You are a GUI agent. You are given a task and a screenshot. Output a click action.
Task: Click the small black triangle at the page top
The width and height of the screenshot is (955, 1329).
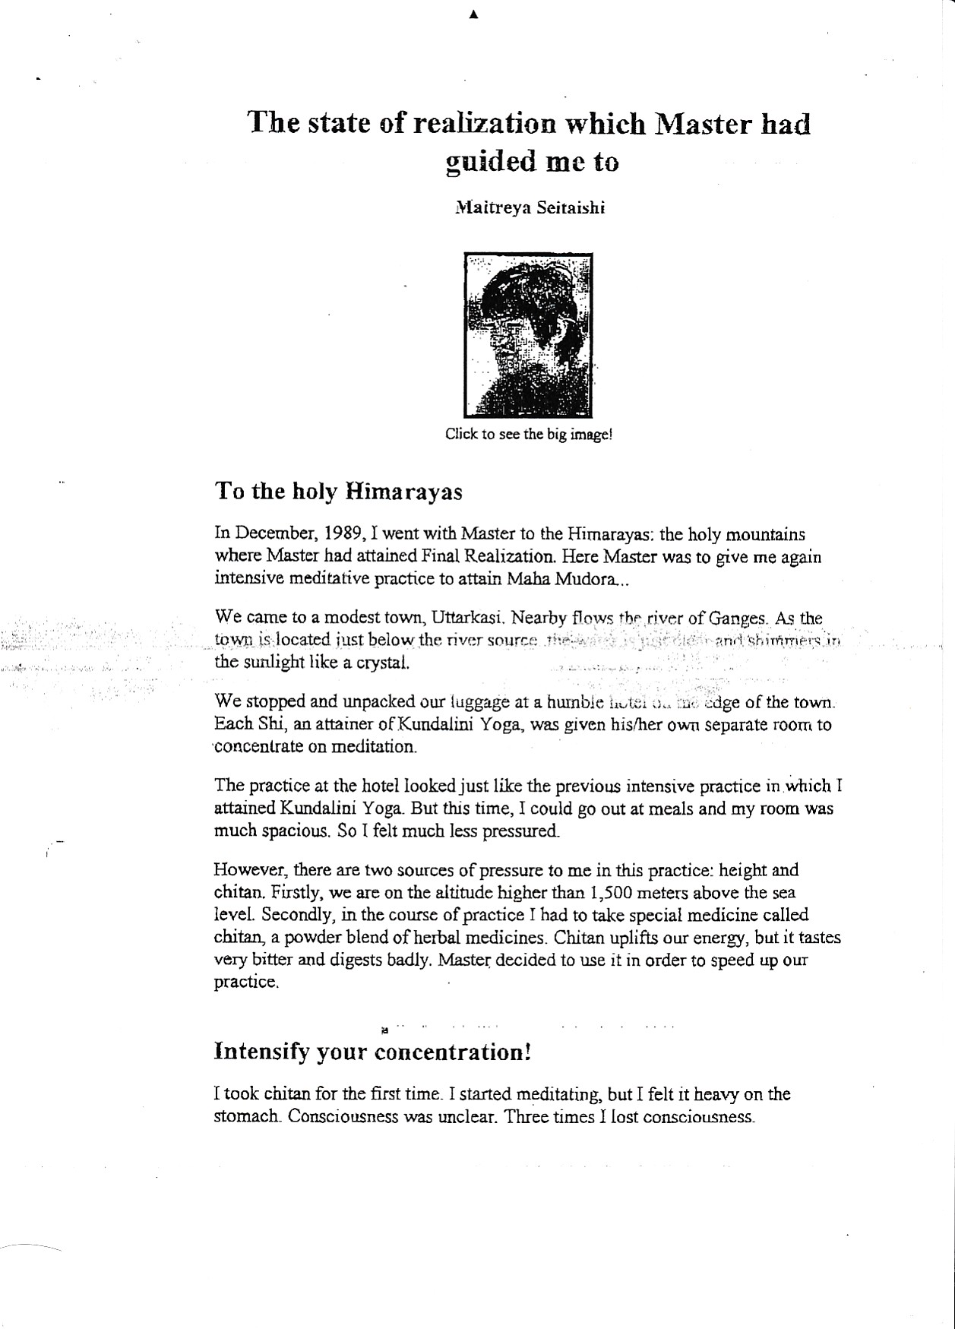[473, 14]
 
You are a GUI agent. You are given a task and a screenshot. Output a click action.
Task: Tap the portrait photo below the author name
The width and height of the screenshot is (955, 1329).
[528, 336]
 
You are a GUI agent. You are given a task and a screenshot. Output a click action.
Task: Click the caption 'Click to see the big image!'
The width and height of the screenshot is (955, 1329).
[528, 435]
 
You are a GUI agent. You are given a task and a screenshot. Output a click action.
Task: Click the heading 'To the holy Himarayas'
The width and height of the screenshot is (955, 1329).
[339, 492]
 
